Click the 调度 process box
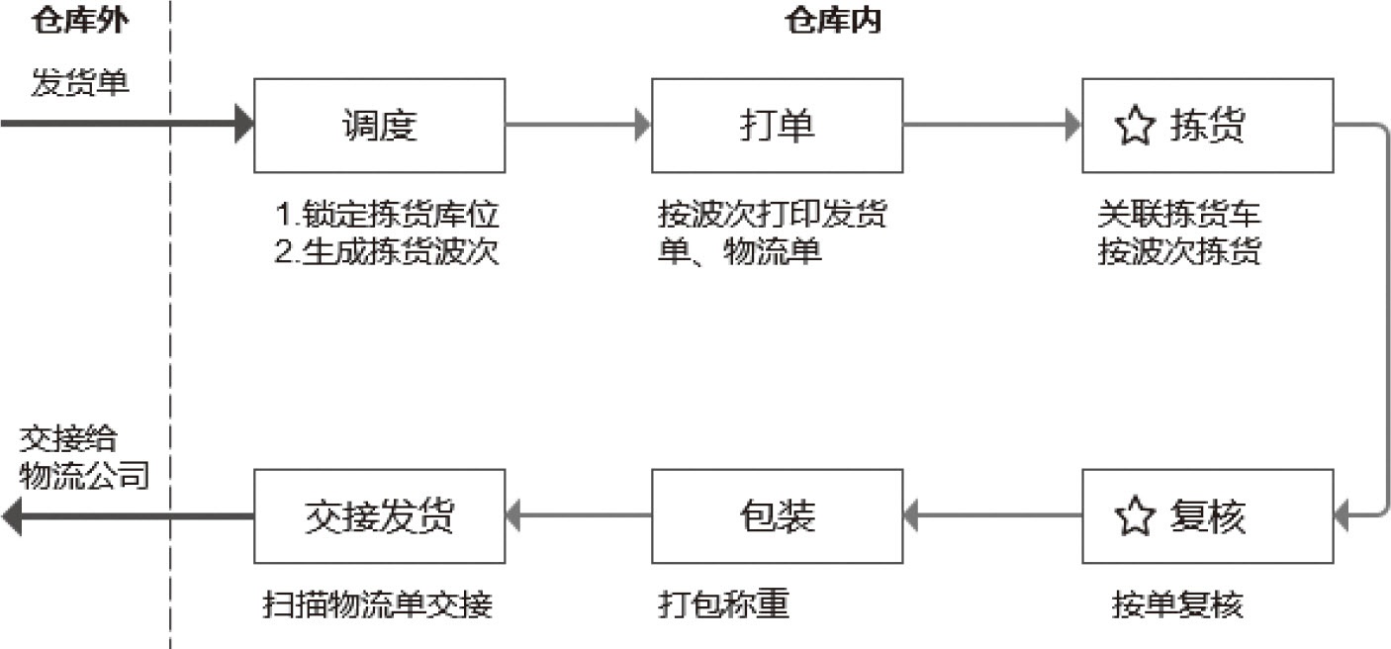click(380, 126)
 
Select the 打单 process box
click(777, 126)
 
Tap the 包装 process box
click(777, 515)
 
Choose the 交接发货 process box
click(380, 515)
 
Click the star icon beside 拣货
click(1135, 127)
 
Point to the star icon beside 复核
click(1135, 516)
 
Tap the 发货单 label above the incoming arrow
click(80, 82)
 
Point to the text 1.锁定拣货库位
click(387, 215)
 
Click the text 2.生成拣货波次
click(387, 252)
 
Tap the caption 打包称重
click(724, 604)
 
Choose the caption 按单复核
click(1176, 604)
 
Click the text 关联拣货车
click(1179, 215)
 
